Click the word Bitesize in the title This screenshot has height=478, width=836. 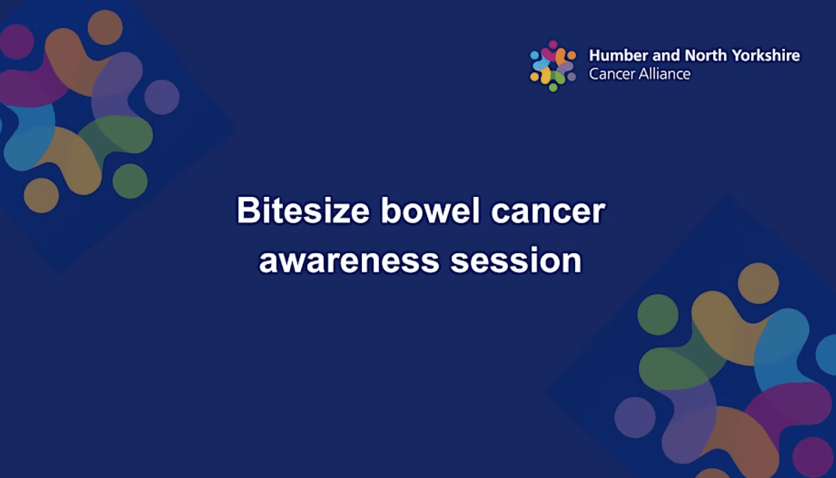pos(303,211)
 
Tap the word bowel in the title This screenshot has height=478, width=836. pos(430,211)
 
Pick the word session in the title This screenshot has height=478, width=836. pos(516,261)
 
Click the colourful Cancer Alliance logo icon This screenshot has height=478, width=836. pos(553,65)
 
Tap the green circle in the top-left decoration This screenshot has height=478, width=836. pos(130,181)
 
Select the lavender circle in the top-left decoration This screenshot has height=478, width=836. pos(162,97)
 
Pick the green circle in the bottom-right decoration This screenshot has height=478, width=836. pos(658,314)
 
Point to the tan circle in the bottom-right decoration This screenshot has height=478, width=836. pos(758,283)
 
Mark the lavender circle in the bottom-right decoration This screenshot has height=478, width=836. pos(635,417)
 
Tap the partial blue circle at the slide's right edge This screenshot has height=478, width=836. pos(827,355)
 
